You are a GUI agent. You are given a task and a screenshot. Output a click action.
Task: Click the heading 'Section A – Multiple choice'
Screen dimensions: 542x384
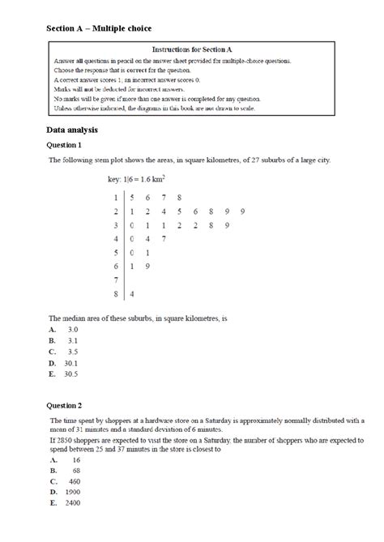click(98, 29)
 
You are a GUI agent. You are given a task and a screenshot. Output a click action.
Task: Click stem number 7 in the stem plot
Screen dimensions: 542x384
click(116, 280)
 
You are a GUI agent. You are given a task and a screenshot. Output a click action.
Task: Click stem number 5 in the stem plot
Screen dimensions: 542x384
click(116, 252)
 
